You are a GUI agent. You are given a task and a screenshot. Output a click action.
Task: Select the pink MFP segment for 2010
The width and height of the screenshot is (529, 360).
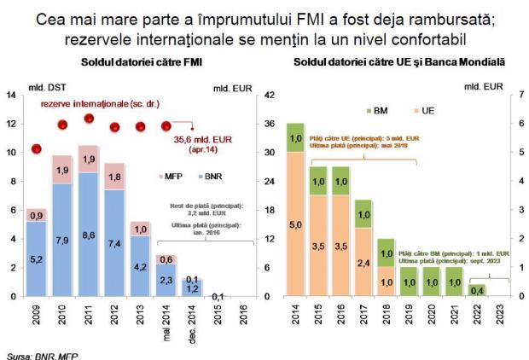point(64,170)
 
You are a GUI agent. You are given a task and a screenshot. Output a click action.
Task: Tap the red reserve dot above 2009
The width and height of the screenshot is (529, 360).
point(36,149)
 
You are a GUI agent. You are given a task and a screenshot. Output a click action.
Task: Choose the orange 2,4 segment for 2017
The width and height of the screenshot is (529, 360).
point(363,263)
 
